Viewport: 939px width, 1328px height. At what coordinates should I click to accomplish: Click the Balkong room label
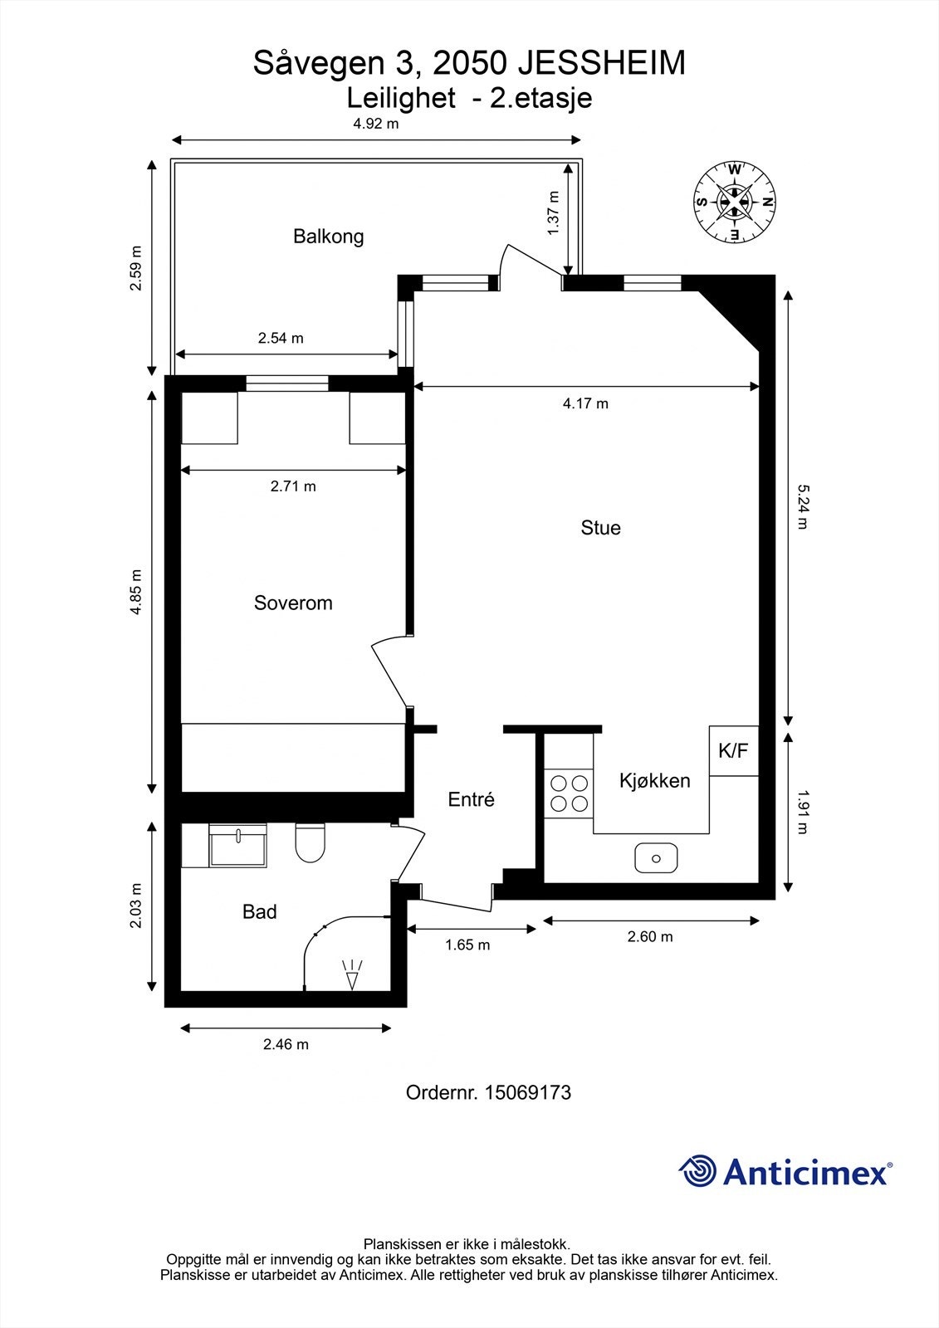(328, 237)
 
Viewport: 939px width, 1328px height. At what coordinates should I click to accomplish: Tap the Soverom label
(293, 603)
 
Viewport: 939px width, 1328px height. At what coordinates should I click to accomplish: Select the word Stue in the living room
(600, 528)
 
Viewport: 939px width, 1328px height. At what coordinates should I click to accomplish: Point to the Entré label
(471, 799)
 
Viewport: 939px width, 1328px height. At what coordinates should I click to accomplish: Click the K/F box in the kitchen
(733, 751)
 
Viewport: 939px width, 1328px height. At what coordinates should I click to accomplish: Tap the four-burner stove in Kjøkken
(569, 793)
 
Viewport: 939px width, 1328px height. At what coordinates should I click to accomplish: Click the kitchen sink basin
(656, 857)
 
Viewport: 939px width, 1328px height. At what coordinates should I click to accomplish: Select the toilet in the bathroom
(310, 842)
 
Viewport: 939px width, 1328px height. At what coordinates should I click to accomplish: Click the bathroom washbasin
(237, 848)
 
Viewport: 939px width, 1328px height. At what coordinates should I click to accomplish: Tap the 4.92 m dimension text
(375, 124)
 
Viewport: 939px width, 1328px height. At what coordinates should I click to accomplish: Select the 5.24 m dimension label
(800, 506)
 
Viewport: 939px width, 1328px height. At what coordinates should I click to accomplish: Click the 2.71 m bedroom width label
(293, 486)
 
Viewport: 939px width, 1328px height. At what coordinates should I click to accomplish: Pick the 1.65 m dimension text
(467, 945)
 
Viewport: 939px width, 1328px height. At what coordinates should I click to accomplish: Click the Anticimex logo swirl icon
(698, 1171)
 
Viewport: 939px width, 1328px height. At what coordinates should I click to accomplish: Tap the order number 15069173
(527, 1092)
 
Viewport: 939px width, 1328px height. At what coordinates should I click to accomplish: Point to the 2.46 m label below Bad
(286, 1044)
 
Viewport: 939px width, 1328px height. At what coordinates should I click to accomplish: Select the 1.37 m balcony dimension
(554, 213)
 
